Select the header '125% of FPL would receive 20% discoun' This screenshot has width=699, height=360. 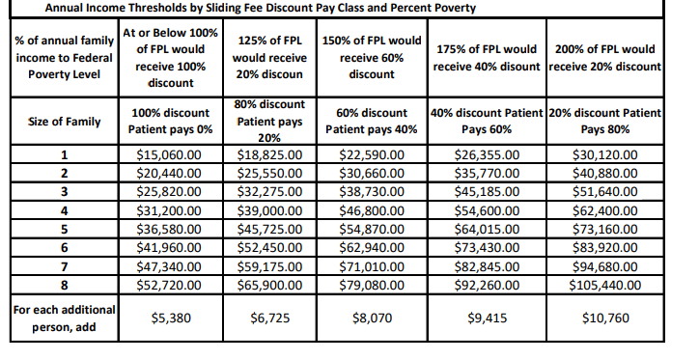270,57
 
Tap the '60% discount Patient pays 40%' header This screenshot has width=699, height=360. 372,121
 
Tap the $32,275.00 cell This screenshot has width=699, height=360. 270,190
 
